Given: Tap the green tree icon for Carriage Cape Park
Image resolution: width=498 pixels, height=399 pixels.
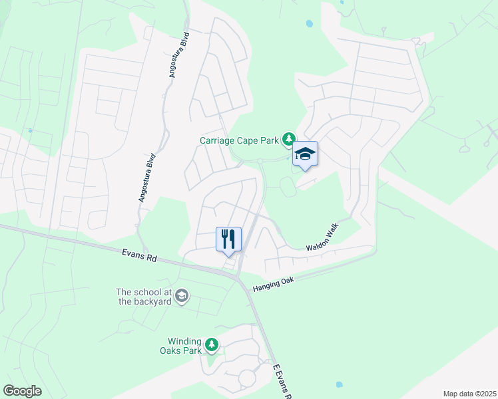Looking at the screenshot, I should [288, 140].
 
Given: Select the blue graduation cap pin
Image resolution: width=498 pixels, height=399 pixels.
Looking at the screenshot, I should [305, 154].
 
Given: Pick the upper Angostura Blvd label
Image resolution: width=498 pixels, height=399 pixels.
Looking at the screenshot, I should [180, 55].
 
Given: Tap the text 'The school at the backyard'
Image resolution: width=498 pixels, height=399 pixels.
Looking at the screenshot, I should [143, 297].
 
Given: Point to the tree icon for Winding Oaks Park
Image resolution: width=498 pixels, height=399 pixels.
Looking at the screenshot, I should [212, 344].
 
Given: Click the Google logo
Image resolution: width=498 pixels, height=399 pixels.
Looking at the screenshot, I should [22, 391].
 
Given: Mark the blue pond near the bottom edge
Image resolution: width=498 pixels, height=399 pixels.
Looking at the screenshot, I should [340, 384].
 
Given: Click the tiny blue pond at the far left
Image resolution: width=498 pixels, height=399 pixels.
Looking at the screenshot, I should [30, 130].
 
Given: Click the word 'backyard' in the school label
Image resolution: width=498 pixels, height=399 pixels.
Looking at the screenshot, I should [152, 301].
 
